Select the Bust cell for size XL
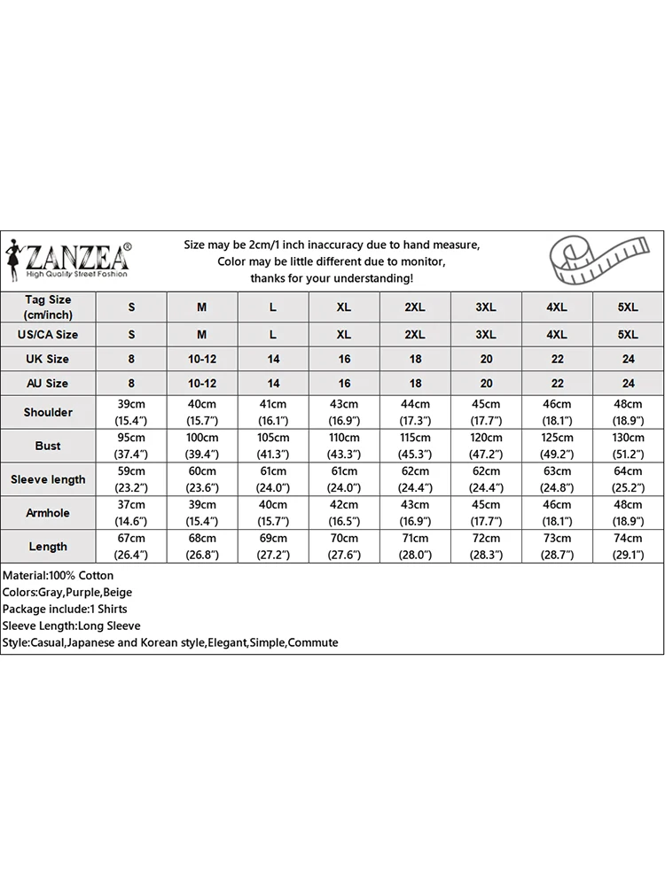point(344,446)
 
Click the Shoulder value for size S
point(132,412)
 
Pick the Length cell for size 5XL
point(628,547)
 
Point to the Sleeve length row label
point(48,479)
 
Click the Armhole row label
point(48,513)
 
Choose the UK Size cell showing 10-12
point(202,359)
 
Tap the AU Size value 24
point(628,384)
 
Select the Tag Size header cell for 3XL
point(486,307)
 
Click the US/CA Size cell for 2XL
point(415,335)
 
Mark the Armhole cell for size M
point(202,513)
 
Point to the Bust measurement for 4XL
point(557,446)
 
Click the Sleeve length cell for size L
point(273,479)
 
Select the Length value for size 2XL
point(415,547)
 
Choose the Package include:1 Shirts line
point(65,610)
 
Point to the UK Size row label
point(48,359)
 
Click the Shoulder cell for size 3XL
point(486,412)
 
